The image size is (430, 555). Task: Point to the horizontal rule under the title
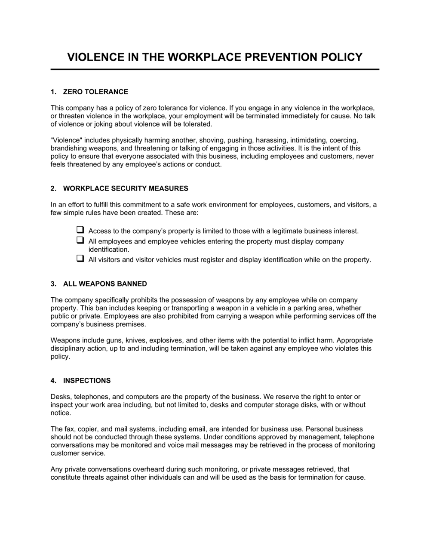(x=215, y=69)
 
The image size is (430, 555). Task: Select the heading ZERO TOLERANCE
(x=95, y=92)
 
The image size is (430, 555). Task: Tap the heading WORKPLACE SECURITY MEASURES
(x=126, y=188)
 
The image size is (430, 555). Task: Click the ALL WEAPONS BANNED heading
(x=105, y=284)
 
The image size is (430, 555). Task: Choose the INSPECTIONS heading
(x=87, y=380)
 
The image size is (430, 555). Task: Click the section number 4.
(x=53, y=380)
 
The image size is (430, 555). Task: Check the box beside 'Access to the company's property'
(x=80, y=230)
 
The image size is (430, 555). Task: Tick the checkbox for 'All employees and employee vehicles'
(x=80, y=240)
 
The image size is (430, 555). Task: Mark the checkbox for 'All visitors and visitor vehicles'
(x=80, y=259)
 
